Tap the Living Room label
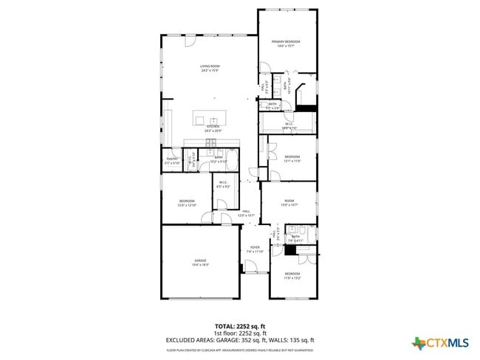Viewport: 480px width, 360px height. (210, 69)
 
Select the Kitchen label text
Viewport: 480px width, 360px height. (213, 128)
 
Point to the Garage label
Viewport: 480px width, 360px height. (200, 263)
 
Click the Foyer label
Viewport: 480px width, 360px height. (255, 249)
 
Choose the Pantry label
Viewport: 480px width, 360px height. (172, 160)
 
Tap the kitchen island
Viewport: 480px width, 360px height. (211, 118)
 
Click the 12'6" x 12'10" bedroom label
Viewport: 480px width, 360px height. (188, 203)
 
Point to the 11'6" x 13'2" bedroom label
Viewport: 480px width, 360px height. (293, 277)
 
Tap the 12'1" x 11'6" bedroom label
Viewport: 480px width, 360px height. (292, 159)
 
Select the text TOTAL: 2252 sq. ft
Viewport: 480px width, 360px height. (240, 325)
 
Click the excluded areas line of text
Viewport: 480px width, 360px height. (240, 340)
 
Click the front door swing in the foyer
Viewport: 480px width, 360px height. (253, 266)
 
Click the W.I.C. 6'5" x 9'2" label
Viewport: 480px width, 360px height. (223, 185)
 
